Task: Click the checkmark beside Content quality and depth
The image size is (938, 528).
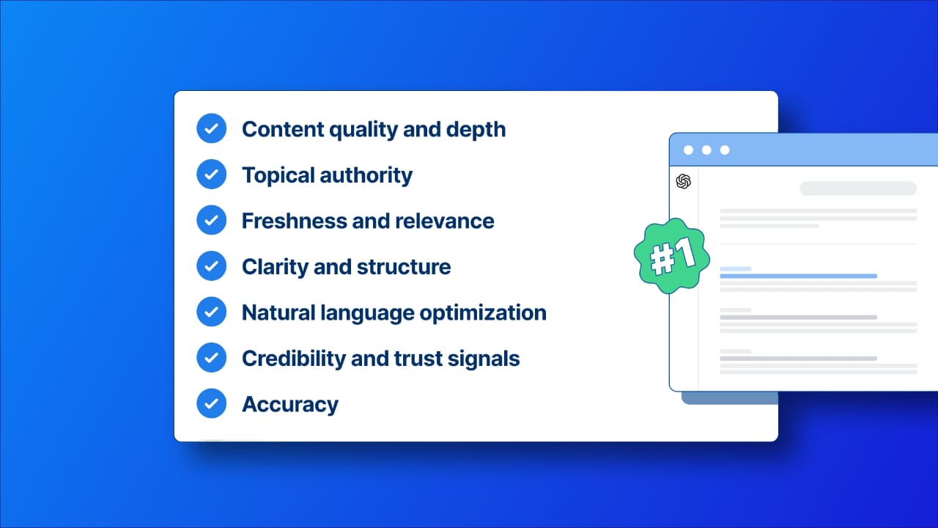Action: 211,129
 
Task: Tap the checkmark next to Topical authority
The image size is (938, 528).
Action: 211,175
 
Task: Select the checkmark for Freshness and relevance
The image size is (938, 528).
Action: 211,221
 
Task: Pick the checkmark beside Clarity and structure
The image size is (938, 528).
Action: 211,266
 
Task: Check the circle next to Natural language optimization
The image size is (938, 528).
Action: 211,312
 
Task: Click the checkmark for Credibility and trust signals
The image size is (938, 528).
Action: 211,358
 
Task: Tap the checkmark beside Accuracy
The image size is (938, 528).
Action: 211,403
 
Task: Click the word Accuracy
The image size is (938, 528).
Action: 290,404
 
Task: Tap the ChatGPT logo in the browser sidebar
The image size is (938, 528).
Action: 683,181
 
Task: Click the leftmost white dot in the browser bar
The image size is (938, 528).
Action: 688,150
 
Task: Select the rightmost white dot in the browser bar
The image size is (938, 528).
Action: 725,150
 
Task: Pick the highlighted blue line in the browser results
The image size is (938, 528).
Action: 798,276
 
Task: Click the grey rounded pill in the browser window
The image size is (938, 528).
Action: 857,188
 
